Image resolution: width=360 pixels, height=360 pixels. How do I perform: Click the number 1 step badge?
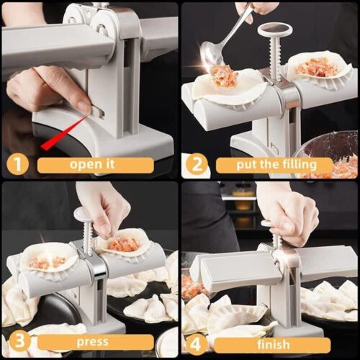[17, 164]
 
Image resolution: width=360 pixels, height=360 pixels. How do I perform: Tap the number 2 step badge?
[197, 164]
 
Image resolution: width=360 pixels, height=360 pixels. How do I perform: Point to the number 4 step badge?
[197, 343]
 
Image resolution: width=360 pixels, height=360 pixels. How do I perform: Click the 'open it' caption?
[95, 165]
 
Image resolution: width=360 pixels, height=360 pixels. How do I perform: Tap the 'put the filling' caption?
[274, 165]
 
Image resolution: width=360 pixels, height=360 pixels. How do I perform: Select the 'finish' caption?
[274, 343]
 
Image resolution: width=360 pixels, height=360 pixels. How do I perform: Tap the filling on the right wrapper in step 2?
[316, 67]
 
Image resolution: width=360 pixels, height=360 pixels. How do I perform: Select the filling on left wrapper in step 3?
[48, 261]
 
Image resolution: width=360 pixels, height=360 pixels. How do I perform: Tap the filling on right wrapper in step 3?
[123, 245]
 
